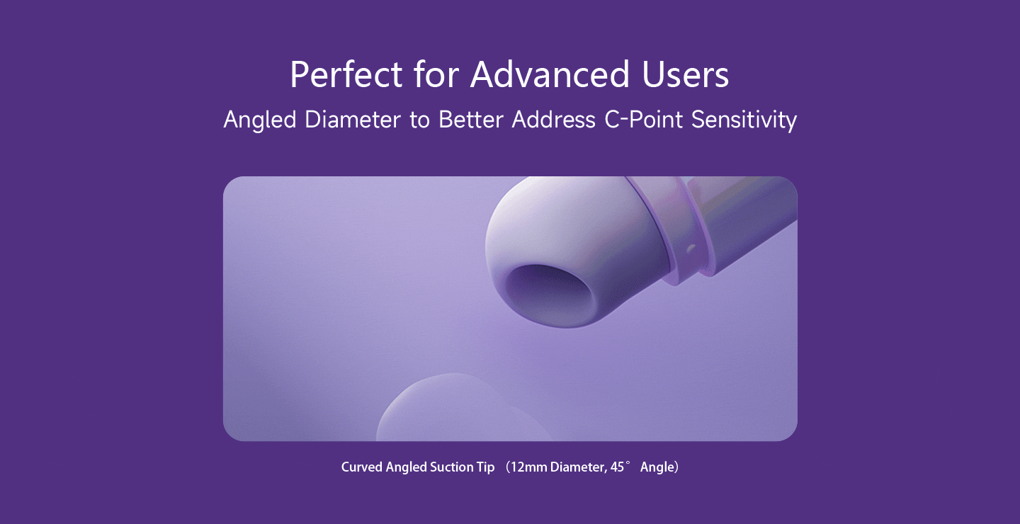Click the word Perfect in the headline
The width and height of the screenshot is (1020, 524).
pyautogui.click(x=346, y=74)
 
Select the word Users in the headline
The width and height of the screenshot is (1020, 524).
pyautogui.click(x=686, y=74)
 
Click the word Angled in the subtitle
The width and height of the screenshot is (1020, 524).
pyautogui.click(x=259, y=120)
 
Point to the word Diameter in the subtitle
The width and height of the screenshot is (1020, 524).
pyautogui.click(x=353, y=120)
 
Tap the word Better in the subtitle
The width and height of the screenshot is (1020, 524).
pyautogui.click(x=471, y=120)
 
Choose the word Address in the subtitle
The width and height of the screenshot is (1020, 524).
pyautogui.click(x=554, y=120)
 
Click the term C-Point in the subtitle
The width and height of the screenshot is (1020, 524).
pyautogui.click(x=643, y=120)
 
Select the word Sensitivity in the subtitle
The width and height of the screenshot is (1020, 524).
pyautogui.click(x=744, y=120)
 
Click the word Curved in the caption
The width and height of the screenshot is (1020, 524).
pyautogui.click(x=361, y=467)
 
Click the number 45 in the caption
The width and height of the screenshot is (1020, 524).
pyautogui.click(x=617, y=467)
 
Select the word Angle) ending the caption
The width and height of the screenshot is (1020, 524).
pyautogui.click(x=659, y=467)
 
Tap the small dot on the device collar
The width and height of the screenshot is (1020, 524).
pyautogui.click(x=691, y=249)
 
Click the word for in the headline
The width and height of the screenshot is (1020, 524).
pyautogui.click(x=436, y=74)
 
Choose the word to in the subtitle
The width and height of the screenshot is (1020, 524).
pyautogui.click(x=419, y=120)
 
